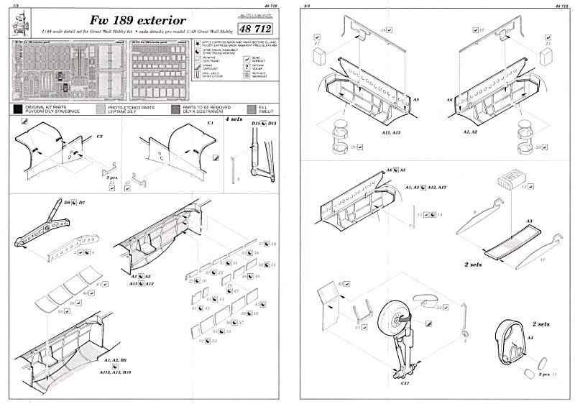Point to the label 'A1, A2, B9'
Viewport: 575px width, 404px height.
point(115,359)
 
